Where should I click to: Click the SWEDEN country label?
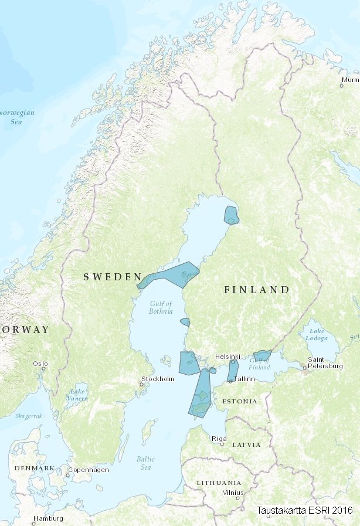pos(112,276)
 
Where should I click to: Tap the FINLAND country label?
pos(257,290)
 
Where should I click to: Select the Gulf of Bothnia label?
pos(161,307)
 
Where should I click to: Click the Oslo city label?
pos(40,364)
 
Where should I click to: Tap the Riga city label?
pos(219,438)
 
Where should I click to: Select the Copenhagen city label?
pos(89,470)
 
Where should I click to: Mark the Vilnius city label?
pos(233,493)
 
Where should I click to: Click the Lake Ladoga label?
pos(317,335)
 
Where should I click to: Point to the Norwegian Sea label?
pos(16,117)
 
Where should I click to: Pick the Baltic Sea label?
pos(145,463)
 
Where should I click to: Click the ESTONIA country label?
pos(240,401)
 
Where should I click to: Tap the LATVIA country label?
pos(246,445)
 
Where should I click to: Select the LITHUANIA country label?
pos(218,482)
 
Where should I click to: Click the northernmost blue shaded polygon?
pos(231,215)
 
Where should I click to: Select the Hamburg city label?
pos(48,518)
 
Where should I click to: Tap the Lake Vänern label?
pos(77,395)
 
